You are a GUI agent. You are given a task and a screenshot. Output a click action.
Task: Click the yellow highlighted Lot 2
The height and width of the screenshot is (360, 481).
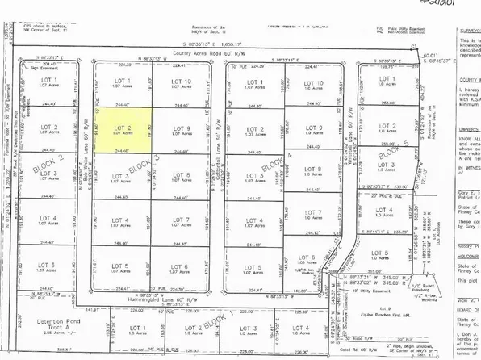123,132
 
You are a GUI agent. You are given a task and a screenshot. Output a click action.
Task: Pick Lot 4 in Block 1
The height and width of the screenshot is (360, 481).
301,330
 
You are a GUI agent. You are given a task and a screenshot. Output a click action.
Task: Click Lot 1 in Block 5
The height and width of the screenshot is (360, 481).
387,83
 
